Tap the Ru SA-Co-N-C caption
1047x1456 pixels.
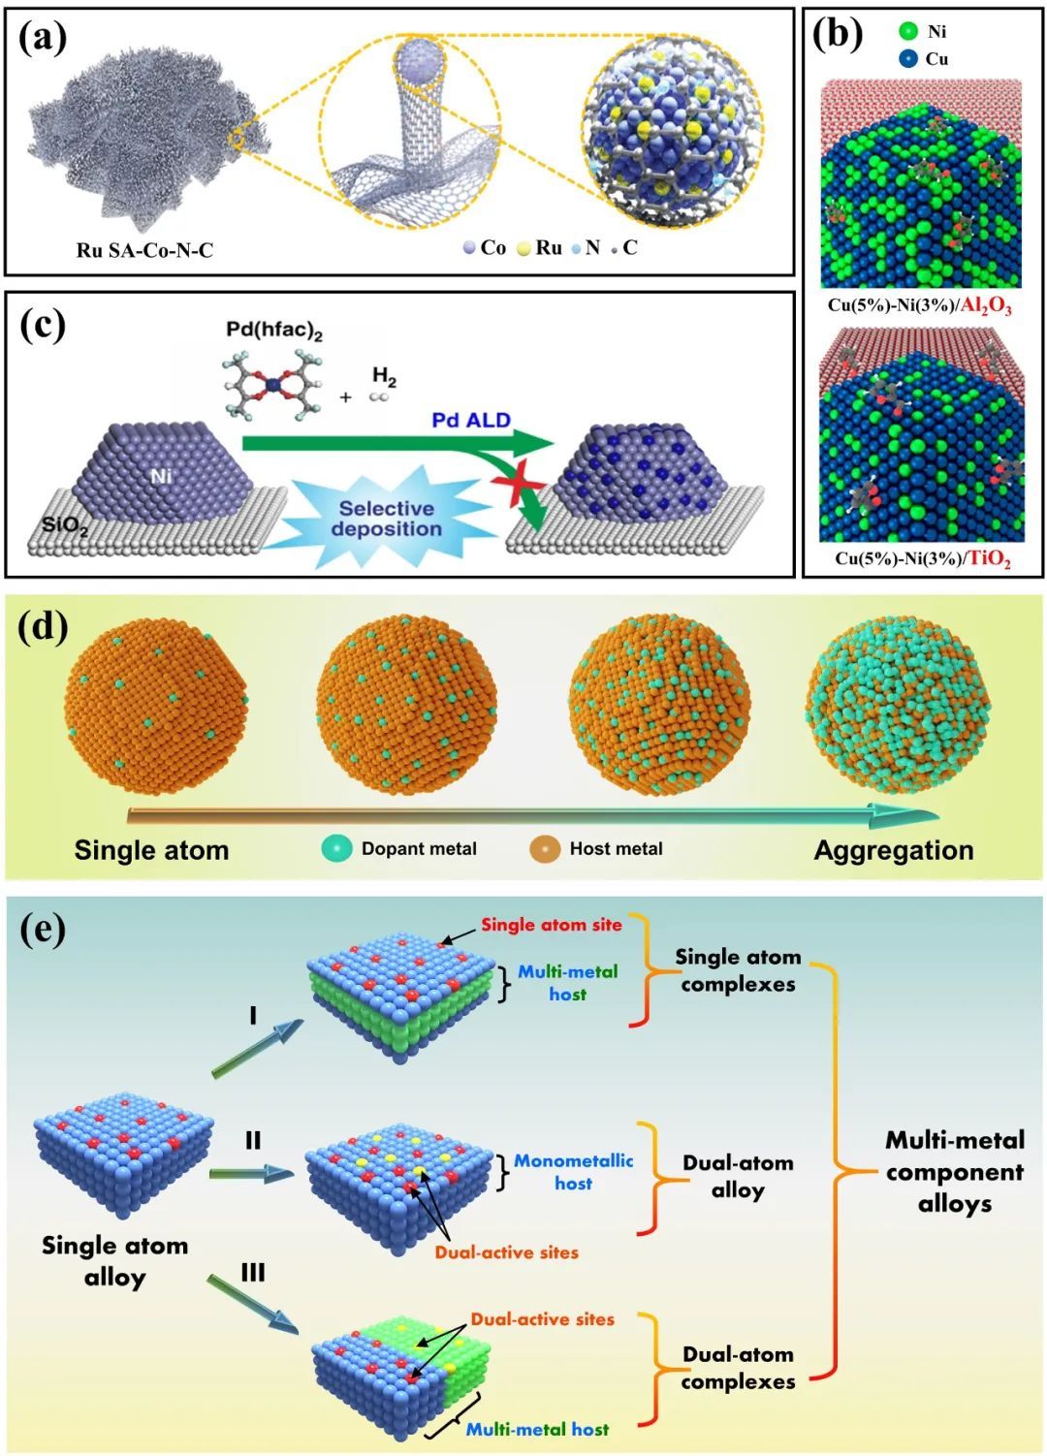click(x=144, y=250)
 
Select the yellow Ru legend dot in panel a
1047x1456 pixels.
click(x=523, y=247)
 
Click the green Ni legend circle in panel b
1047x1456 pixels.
click(x=908, y=31)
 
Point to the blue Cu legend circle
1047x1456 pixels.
click(x=908, y=59)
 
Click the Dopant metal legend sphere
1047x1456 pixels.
click(x=336, y=849)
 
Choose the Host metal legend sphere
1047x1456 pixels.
click(x=545, y=849)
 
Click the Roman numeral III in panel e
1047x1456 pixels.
click(x=253, y=1272)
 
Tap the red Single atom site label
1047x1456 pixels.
click(x=552, y=924)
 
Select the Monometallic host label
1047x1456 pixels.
click(x=573, y=1171)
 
